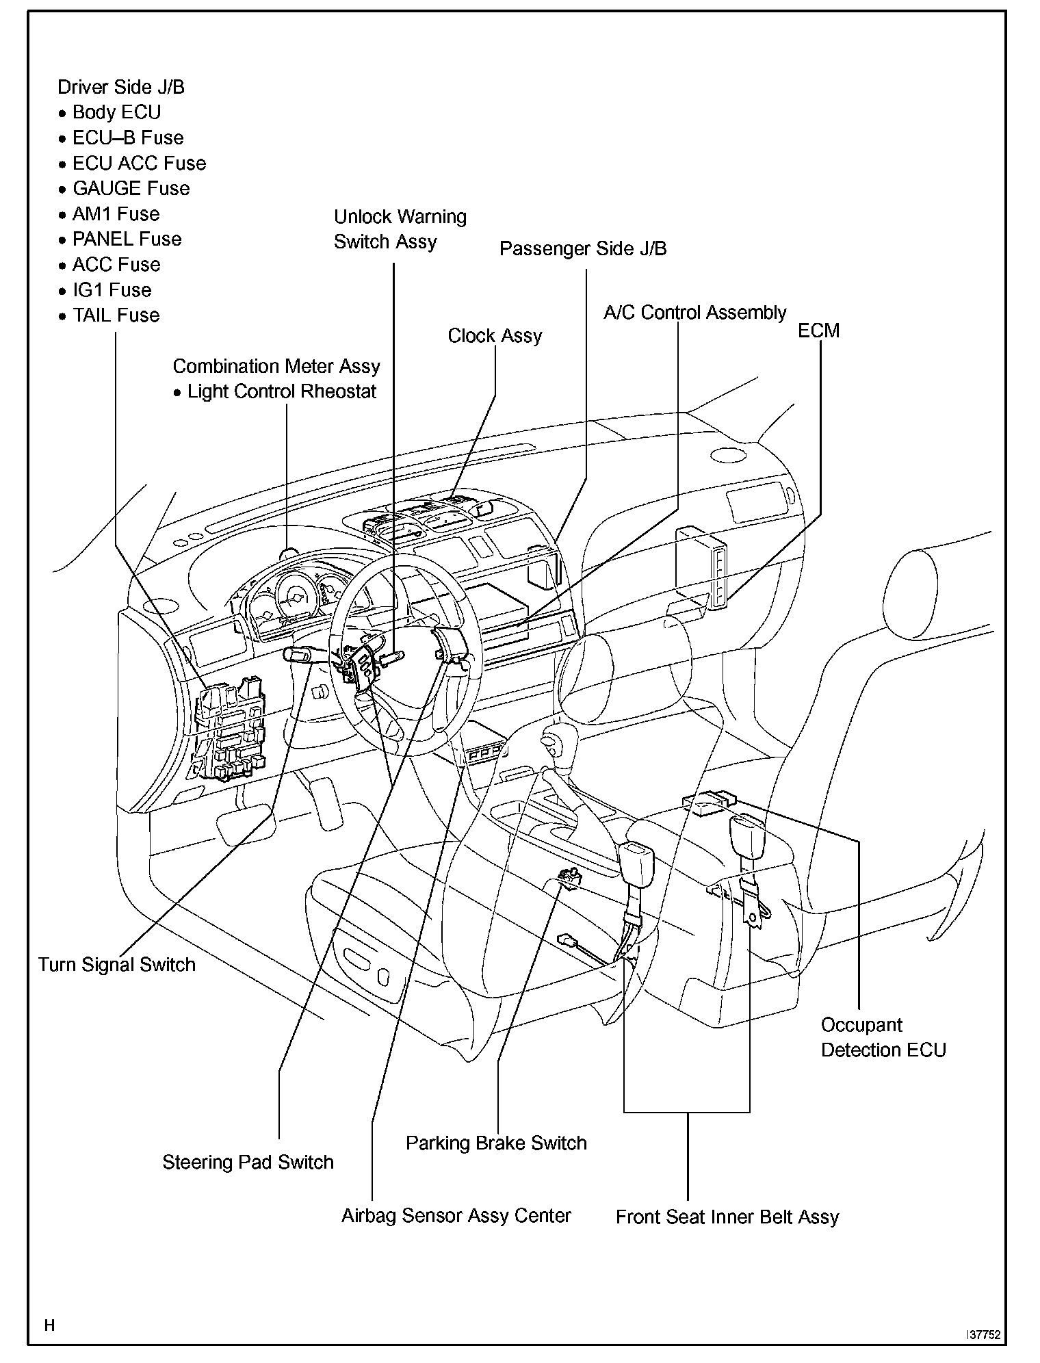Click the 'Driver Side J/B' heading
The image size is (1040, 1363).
pos(121,88)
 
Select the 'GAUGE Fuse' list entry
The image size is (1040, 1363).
pos(131,188)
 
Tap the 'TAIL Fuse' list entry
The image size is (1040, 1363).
pos(116,315)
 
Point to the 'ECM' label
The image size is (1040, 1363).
pos(818,330)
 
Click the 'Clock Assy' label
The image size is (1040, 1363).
pos(495,336)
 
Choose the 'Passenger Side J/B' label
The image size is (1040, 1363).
pos(583,248)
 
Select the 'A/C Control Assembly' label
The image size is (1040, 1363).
pos(694,313)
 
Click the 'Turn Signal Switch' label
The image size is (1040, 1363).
pos(117,965)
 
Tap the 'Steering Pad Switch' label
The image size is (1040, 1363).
pos(248,1162)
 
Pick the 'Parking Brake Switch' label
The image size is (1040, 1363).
pos(496,1143)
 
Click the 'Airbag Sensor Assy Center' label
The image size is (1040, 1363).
pos(456,1215)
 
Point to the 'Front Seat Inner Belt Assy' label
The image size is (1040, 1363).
pos(727,1217)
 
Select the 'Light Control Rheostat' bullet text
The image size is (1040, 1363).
pos(282,391)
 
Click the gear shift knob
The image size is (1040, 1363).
pos(551,742)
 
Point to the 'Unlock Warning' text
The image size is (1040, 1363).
pos(400,217)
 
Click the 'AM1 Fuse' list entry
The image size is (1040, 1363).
pos(116,213)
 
